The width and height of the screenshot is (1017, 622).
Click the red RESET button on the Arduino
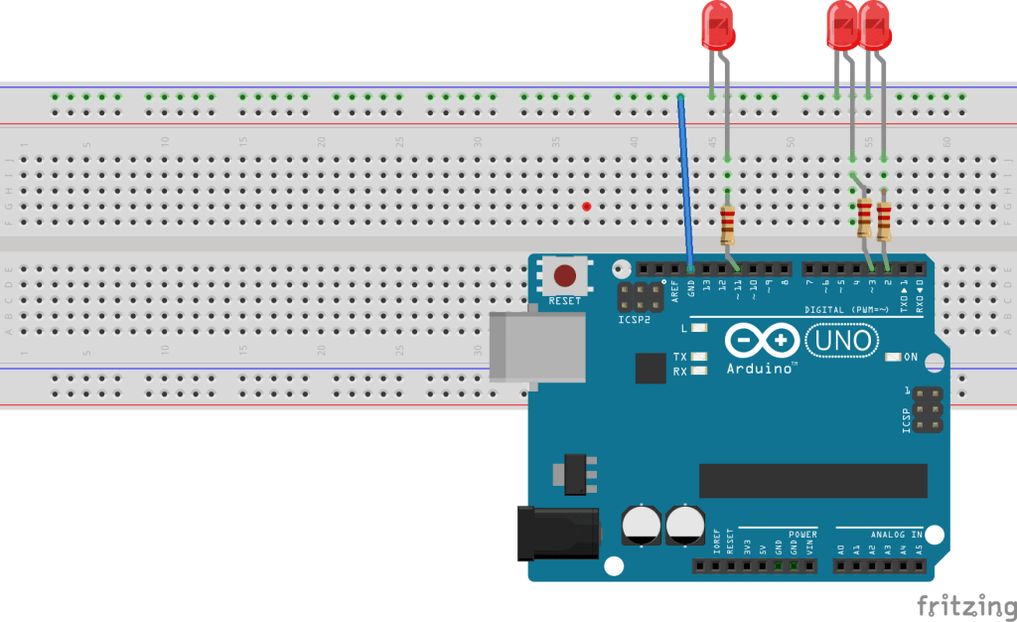click(564, 275)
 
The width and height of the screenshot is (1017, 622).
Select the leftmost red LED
click(717, 25)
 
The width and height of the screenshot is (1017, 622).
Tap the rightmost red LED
click(875, 25)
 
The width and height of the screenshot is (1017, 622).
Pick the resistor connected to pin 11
click(728, 225)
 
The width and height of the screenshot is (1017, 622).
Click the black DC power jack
click(557, 534)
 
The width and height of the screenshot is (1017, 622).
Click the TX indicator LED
click(700, 357)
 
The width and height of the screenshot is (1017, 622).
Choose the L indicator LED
click(700, 327)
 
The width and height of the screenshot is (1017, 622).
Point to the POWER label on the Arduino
click(802, 534)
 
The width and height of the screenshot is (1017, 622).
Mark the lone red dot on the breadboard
click(587, 207)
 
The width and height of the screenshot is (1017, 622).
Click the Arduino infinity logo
click(761, 341)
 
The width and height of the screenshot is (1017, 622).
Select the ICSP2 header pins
click(642, 296)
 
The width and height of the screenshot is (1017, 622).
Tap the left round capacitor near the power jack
click(641, 525)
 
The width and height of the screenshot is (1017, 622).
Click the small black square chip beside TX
click(652, 368)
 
